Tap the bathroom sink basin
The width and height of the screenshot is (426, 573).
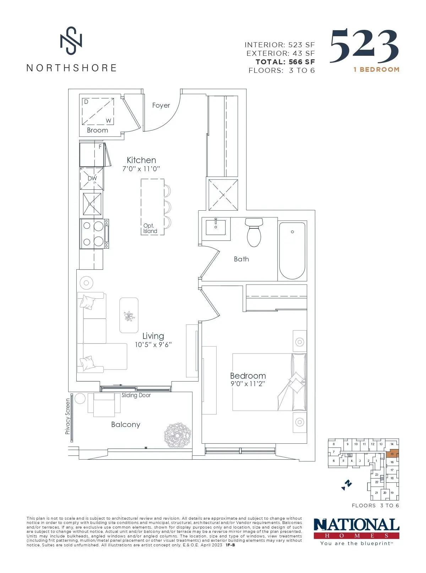click(x=216, y=227)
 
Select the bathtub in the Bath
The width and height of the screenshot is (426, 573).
click(x=292, y=250)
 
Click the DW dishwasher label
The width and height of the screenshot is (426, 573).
click(x=92, y=178)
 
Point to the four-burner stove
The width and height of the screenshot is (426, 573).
click(x=94, y=234)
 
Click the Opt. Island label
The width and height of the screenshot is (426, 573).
click(x=150, y=228)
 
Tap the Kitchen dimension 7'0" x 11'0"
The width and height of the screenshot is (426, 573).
click(x=141, y=169)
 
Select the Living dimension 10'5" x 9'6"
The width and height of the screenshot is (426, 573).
click(x=153, y=345)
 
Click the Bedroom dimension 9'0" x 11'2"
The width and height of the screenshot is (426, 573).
click(x=248, y=384)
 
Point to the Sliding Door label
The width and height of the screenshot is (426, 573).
click(x=136, y=395)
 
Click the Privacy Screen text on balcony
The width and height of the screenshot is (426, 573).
click(x=67, y=416)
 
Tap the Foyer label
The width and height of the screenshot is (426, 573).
click(x=161, y=106)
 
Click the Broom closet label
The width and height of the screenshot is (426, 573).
click(x=97, y=130)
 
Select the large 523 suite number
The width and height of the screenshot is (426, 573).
click(x=364, y=46)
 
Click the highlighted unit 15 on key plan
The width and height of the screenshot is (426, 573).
click(x=392, y=454)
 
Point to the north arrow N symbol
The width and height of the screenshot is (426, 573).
click(x=347, y=485)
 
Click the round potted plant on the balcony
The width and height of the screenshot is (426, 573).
click(x=177, y=435)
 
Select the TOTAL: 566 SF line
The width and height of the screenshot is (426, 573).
click(x=285, y=62)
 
